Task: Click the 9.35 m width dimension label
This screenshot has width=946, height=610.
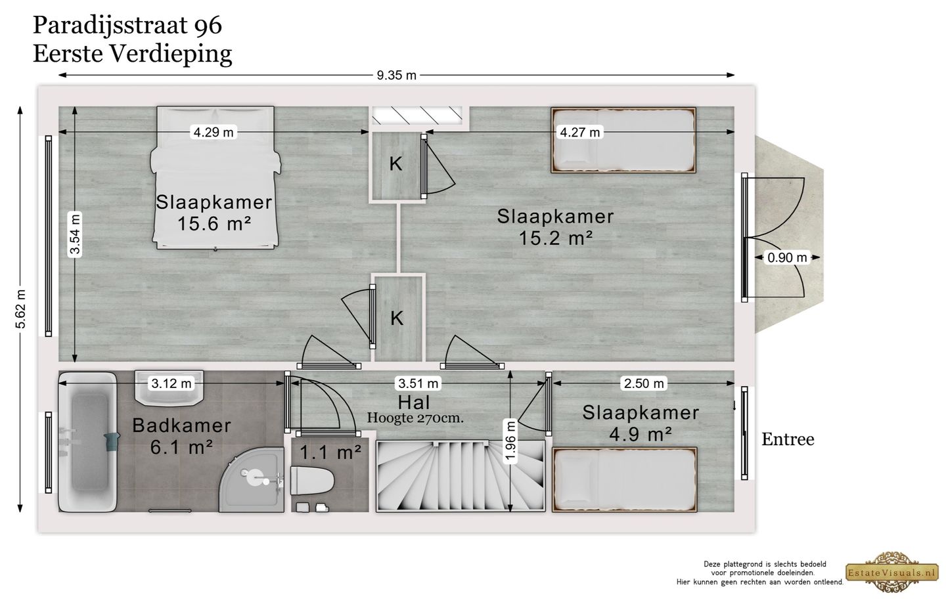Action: [396, 75]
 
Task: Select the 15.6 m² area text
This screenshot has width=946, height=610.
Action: [214, 224]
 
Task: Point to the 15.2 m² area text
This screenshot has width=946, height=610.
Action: [555, 238]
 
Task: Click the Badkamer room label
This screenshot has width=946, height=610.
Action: [181, 425]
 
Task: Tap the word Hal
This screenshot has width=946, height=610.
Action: [413, 401]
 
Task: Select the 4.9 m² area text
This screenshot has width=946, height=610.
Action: [641, 433]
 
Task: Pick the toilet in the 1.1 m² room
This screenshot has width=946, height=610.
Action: [312, 481]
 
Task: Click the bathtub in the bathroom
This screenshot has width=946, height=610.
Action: [87, 441]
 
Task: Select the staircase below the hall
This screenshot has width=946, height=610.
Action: [460, 475]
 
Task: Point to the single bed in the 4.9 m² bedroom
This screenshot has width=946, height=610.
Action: [623, 479]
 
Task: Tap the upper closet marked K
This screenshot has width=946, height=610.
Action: [395, 164]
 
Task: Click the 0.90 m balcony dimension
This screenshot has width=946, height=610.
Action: [787, 257]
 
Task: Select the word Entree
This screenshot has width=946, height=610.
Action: [787, 439]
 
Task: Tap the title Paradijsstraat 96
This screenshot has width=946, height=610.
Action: [127, 26]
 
